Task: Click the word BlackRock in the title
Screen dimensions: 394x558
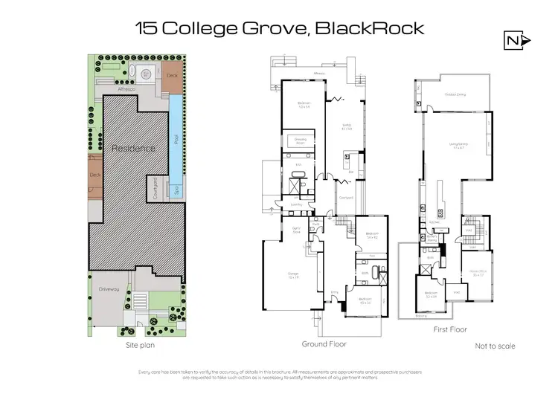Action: click(370, 29)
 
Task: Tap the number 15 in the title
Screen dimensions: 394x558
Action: click(145, 29)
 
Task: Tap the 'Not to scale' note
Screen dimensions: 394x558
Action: click(495, 346)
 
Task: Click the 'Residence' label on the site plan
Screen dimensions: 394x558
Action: click(133, 148)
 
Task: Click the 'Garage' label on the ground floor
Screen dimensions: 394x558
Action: click(293, 274)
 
